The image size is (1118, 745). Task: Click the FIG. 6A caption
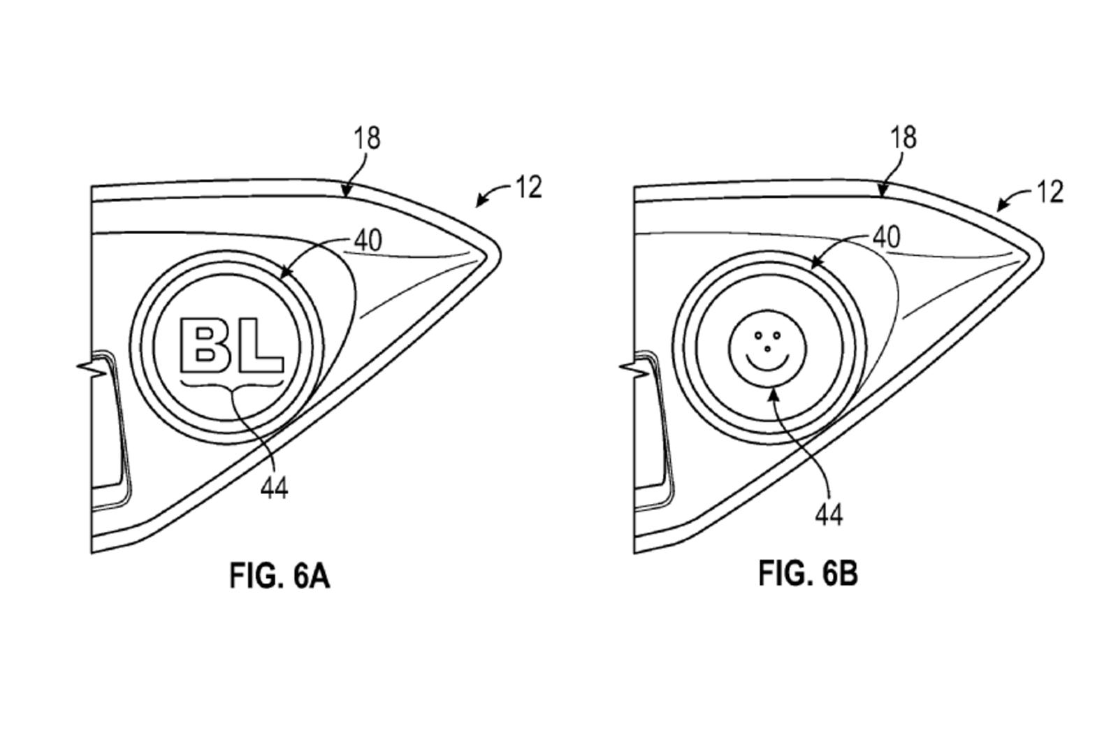279,576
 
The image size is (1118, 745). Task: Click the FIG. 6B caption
808,574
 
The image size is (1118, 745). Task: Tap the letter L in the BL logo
261,347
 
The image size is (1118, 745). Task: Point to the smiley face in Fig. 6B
767,347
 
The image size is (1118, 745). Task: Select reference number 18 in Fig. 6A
367,138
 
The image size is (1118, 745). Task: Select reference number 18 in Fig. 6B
903,137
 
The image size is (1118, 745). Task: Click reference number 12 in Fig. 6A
529,187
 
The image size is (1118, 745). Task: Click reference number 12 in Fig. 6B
1050,191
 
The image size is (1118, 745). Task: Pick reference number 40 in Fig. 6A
368,240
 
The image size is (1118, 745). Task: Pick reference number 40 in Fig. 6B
886,237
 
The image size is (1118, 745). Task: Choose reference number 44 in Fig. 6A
274,488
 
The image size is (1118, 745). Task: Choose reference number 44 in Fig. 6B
829,515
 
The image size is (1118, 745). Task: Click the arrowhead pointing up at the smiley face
772,393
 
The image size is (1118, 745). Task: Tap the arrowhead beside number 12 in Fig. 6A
479,203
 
